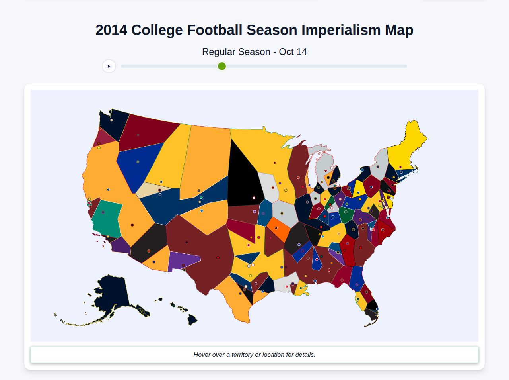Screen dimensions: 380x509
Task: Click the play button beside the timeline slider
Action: pos(109,66)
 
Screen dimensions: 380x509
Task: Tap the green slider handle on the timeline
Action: pos(222,66)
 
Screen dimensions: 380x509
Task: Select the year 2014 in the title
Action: pos(111,30)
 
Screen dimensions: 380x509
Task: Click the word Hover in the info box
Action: pos(202,355)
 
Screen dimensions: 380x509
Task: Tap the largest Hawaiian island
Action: pos(192,319)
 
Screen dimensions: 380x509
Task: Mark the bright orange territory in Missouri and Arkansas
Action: pos(279,229)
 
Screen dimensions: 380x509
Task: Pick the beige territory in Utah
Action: pos(153,190)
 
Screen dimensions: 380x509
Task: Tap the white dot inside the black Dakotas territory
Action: pos(254,198)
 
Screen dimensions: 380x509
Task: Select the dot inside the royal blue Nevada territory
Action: pos(138,162)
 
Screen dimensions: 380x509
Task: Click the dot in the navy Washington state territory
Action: pos(112,120)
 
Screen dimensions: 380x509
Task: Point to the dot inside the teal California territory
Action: pos(103,212)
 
